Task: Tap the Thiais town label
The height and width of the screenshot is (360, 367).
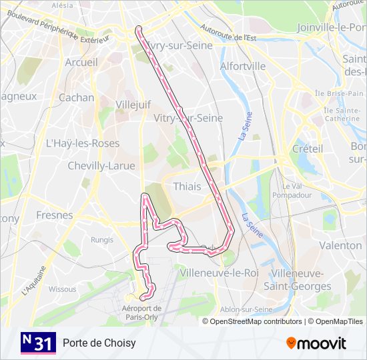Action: click(x=186, y=187)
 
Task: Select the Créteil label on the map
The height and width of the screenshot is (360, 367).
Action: click(x=307, y=149)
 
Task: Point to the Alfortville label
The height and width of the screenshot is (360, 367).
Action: click(x=243, y=66)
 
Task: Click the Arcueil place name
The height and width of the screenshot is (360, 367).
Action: click(x=81, y=62)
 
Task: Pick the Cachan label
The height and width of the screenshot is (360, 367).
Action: click(x=76, y=97)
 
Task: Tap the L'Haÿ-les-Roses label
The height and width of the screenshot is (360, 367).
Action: click(x=82, y=143)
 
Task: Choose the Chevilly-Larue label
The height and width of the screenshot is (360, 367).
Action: click(x=101, y=165)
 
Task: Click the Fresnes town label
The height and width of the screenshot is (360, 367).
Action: click(x=54, y=215)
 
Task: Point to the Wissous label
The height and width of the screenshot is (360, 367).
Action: click(x=63, y=289)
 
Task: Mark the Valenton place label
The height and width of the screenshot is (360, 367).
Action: click(x=340, y=245)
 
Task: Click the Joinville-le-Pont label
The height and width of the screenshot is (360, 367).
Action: click(x=331, y=27)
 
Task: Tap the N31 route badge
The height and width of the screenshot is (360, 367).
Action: click(x=38, y=343)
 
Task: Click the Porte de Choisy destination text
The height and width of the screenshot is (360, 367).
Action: click(x=99, y=343)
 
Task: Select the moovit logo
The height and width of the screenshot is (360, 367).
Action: click(x=316, y=343)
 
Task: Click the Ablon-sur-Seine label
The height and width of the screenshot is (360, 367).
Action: click(x=245, y=309)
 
